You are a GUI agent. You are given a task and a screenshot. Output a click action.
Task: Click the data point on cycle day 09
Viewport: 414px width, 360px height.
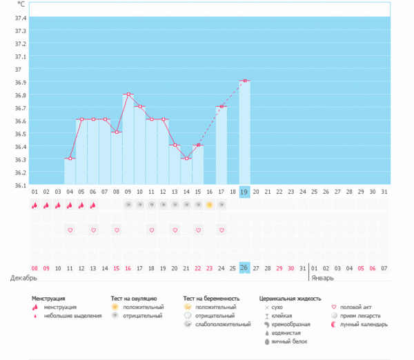point(128,94)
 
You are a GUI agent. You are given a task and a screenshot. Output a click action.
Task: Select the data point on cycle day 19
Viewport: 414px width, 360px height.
point(245,81)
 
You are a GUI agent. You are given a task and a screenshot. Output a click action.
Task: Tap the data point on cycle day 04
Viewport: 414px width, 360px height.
point(70,159)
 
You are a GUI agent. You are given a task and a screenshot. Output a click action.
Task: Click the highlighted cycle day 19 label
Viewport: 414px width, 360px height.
point(244,191)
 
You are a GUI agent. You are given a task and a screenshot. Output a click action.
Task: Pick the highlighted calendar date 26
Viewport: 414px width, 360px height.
point(244,268)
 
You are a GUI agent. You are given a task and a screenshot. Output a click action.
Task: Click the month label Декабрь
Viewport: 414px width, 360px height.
point(22,278)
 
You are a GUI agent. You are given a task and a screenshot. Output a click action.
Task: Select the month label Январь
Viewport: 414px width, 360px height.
point(322,278)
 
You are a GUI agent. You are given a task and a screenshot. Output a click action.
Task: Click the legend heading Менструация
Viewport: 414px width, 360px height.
point(53,299)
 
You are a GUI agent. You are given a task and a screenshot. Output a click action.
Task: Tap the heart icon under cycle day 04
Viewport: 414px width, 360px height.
point(70,230)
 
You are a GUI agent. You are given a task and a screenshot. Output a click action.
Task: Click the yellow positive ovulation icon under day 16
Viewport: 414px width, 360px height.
point(210,205)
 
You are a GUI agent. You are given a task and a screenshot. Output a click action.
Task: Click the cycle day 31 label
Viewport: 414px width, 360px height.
point(384,191)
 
